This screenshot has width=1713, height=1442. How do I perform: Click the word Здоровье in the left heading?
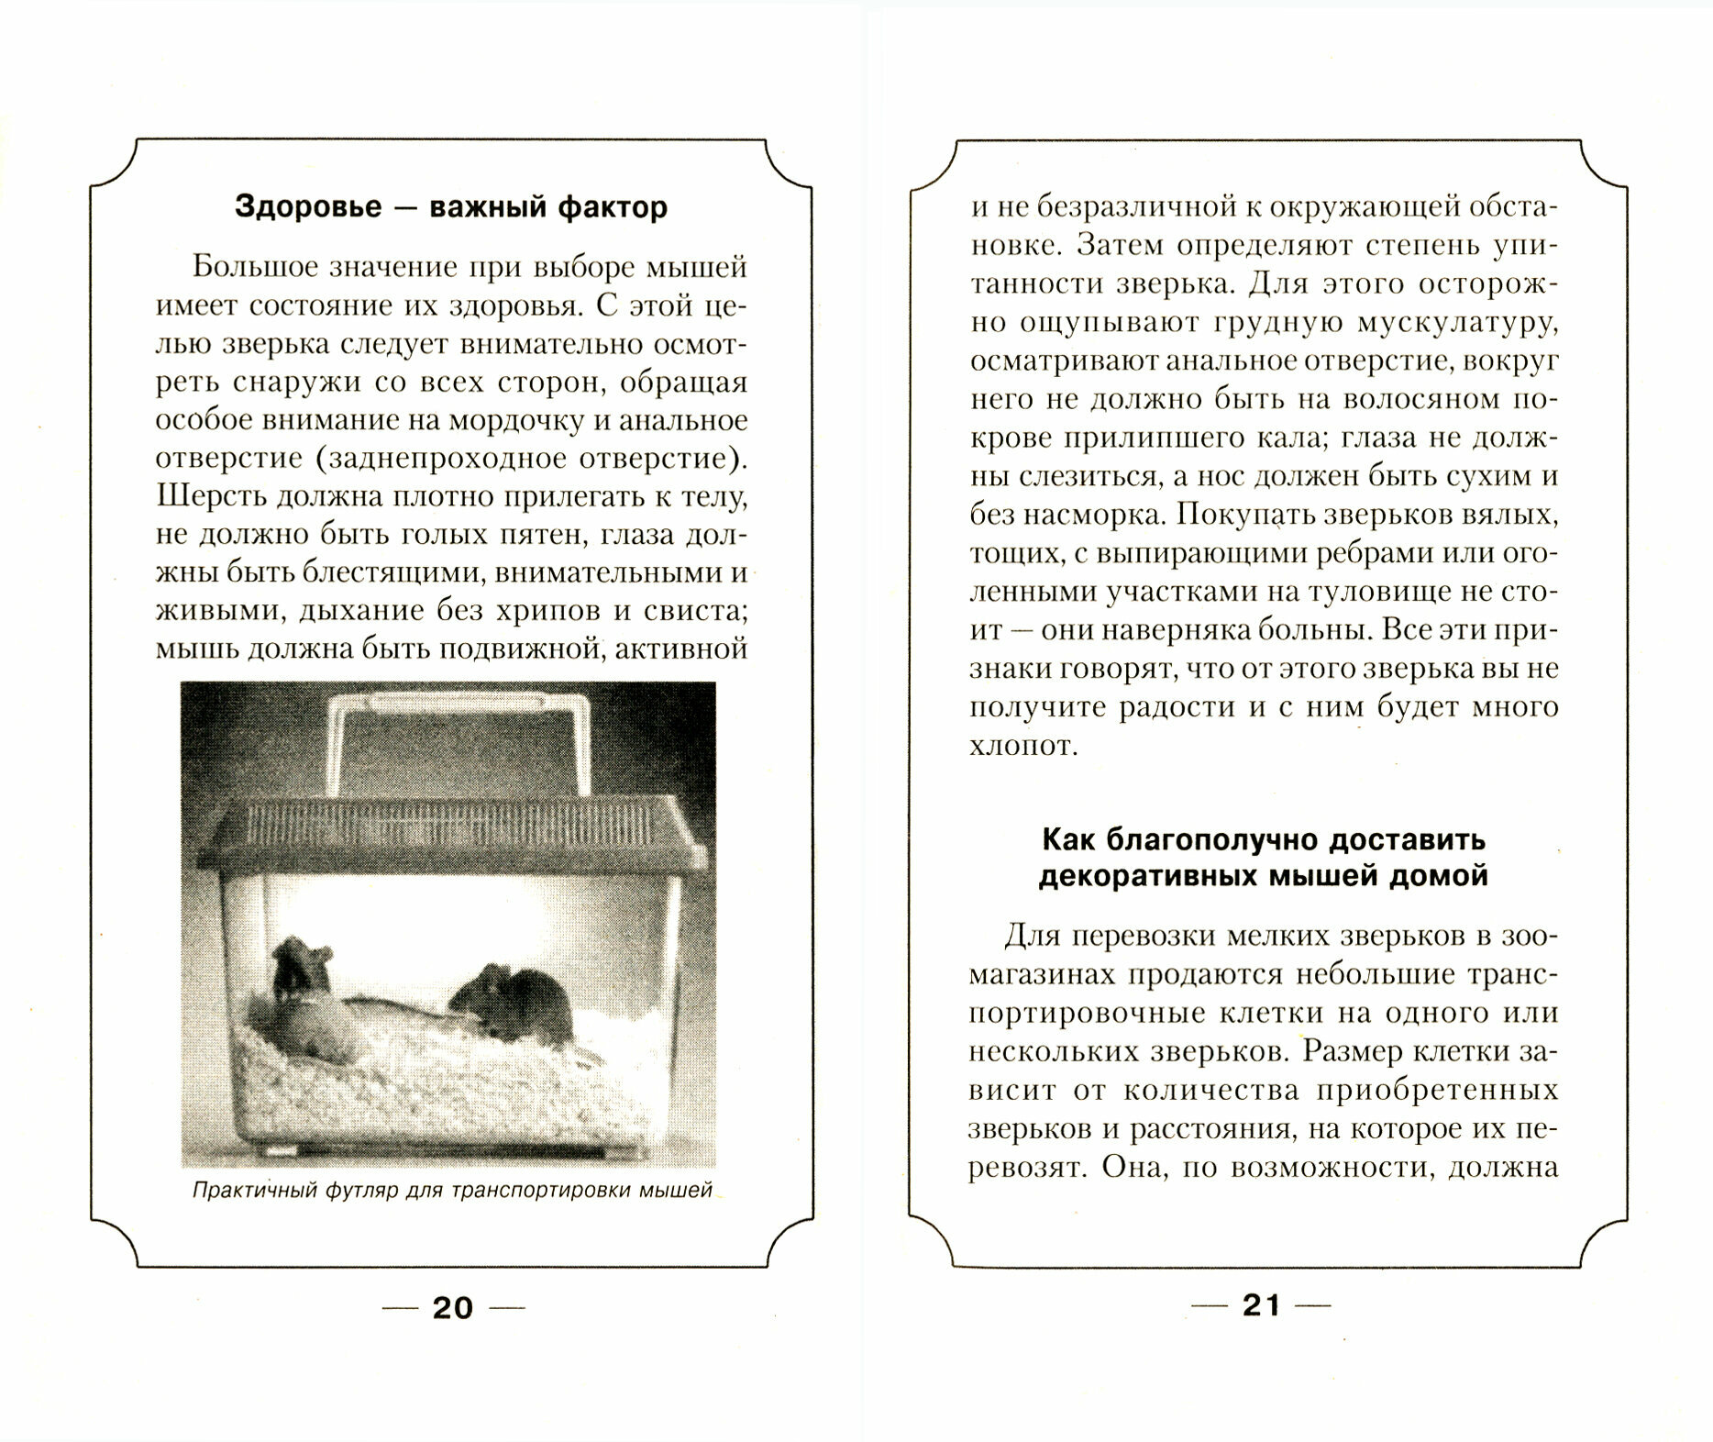pos(307,207)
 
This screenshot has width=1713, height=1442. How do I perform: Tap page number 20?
pos(452,1307)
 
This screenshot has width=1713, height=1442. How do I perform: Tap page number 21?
pos(1260,1305)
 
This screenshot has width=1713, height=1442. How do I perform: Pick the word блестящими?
pos(385,572)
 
